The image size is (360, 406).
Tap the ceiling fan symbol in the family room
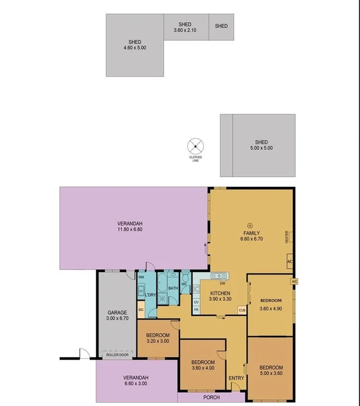click(x=250, y=225)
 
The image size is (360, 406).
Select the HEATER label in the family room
click(x=287, y=237)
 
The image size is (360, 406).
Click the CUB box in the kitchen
click(x=242, y=310)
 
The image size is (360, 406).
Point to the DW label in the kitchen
click(x=223, y=283)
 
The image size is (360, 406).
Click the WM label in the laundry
click(x=141, y=277)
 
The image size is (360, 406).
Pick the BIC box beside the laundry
click(x=141, y=309)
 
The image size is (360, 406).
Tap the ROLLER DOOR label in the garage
click(x=116, y=355)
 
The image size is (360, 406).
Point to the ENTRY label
click(x=236, y=377)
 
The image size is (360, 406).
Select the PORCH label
click(x=212, y=397)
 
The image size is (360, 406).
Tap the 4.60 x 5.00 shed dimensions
click(x=135, y=48)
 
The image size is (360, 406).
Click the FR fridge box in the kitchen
click(x=196, y=309)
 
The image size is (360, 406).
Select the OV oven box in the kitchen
click(x=196, y=302)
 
